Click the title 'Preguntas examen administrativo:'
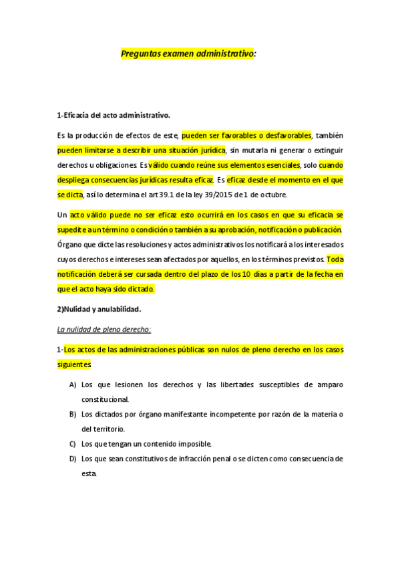point(188,54)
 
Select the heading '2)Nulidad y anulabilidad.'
point(99,309)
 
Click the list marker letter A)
point(72,384)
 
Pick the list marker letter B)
point(72,414)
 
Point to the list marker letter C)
point(72,443)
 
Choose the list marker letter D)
point(72,459)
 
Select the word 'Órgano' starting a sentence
point(70,244)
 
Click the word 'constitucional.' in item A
point(105,399)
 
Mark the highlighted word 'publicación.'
point(319,229)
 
